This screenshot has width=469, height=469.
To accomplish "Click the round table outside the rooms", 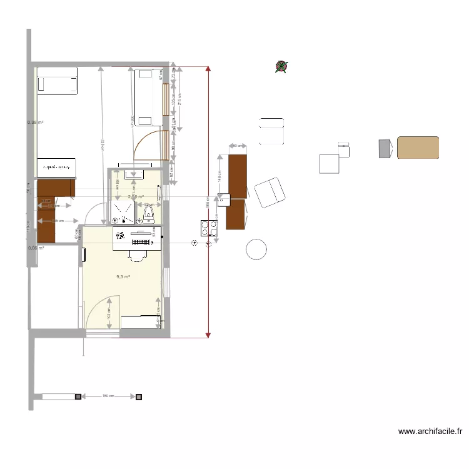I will click(x=256, y=249).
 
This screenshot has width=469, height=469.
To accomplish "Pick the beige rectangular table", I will click(x=418, y=148).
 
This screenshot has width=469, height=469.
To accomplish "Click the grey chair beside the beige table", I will click(x=385, y=148).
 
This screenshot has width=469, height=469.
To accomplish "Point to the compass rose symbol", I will click(x=281, y=66).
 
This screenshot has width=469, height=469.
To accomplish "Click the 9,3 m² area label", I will click(x=123, y=276).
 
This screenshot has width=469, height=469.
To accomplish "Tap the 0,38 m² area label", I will click(x=36, y=123).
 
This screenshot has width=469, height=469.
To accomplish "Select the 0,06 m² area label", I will click(x=36, y=248).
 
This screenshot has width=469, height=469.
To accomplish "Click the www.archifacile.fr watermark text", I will click(x=430, y=431).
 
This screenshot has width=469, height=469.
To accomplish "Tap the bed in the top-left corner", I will click(x=57, y=81).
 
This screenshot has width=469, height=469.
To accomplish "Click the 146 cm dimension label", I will click(x=220, y=176).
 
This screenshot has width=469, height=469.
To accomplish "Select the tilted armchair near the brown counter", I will click(x=269, y=192).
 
